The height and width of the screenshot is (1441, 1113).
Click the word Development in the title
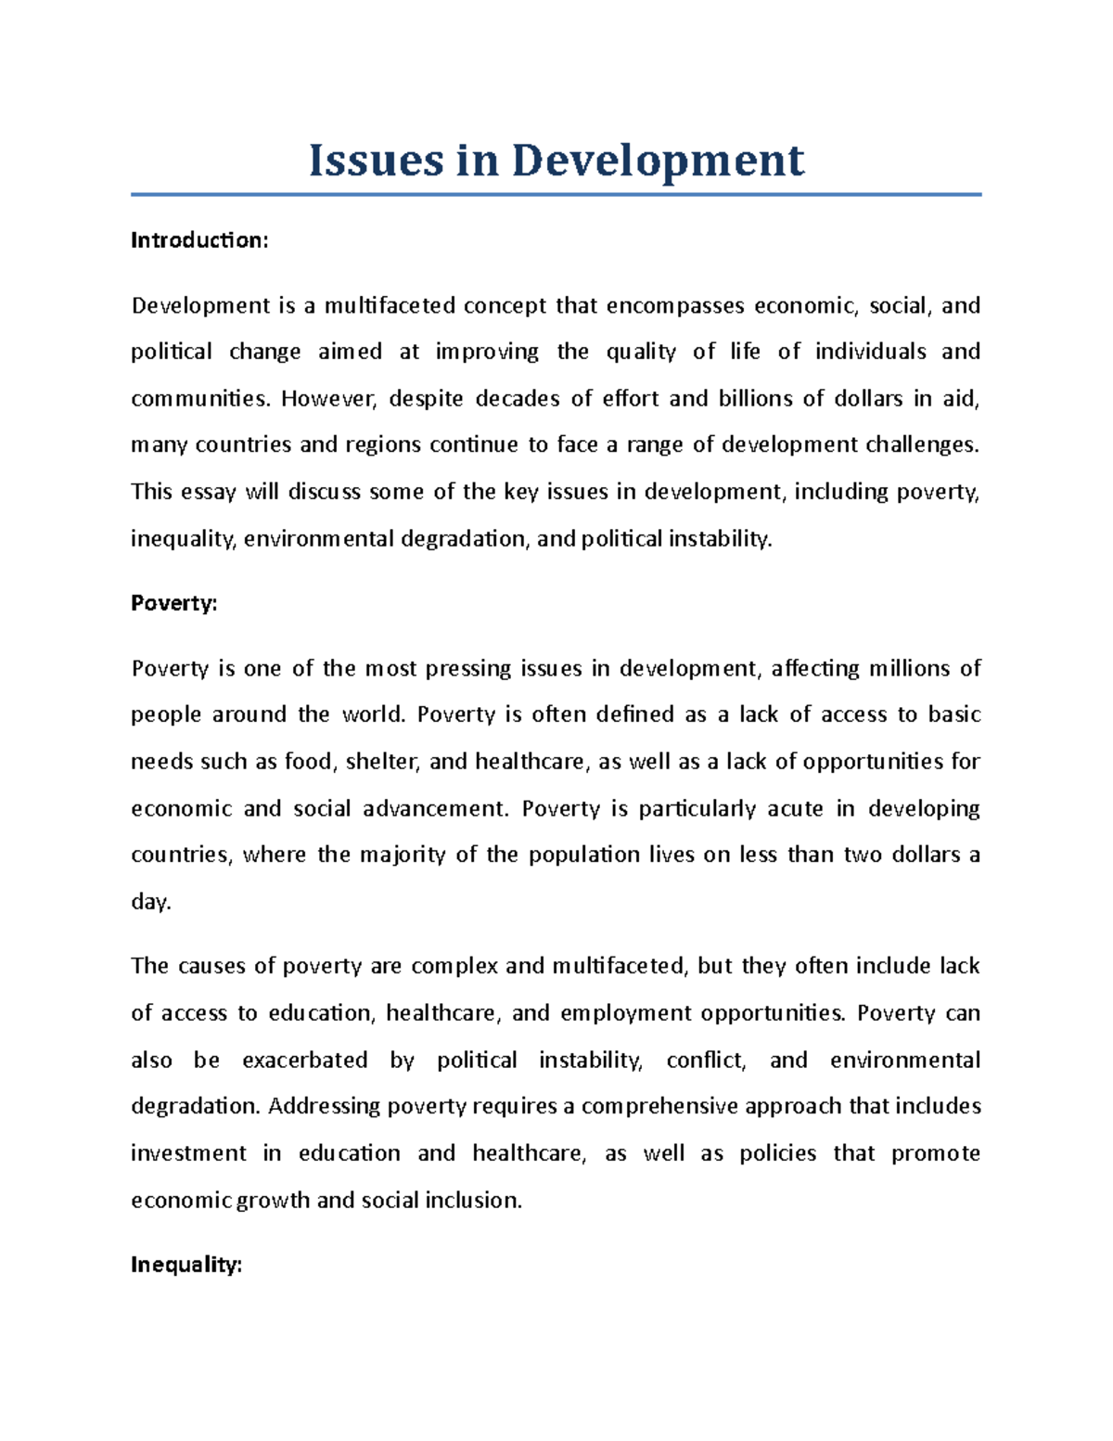click(658, 161)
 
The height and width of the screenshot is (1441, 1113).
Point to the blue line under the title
click(556, 195)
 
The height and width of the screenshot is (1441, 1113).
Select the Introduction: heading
click(199, 240)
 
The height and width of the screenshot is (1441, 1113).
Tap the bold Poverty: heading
click(174, 603)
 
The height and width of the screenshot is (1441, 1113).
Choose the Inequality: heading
click(186, 1265)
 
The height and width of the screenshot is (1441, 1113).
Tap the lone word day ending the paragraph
click(150, 902)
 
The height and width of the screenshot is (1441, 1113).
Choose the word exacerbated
click(305, 1060)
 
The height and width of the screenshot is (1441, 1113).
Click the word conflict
click(706, 1060)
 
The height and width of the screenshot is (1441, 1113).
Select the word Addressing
click(324, 1106)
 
